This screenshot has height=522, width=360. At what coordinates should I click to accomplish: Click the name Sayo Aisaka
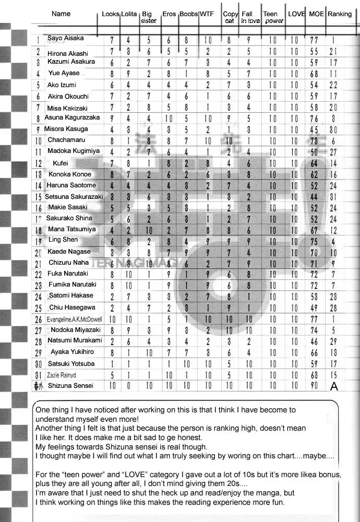(65, 38)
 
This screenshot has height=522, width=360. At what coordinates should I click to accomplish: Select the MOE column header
(316, 14)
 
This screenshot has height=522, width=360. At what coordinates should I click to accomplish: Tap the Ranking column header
(339, 14)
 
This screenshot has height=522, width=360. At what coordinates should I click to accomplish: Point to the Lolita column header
(129, 14)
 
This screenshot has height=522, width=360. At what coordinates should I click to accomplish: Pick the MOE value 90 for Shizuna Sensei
(314, 386)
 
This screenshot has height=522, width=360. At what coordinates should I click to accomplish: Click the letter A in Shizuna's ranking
(334, 386)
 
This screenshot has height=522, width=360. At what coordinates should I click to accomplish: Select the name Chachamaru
(66, 140)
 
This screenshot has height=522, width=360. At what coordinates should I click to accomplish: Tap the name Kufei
(61, 163)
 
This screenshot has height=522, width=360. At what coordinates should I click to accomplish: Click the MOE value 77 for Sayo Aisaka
(314, 40)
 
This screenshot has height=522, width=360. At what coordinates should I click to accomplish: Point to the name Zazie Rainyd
(61, 375)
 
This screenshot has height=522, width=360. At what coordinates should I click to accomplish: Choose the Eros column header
(169, 14)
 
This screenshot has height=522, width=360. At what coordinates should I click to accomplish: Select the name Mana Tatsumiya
(71, 229)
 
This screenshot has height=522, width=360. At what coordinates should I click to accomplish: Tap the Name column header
(61, 14)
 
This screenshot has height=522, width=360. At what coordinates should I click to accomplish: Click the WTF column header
(207, 14)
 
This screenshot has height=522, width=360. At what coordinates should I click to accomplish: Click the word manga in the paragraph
(268, 493)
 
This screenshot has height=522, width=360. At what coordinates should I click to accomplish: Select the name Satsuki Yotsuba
(71, 363)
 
